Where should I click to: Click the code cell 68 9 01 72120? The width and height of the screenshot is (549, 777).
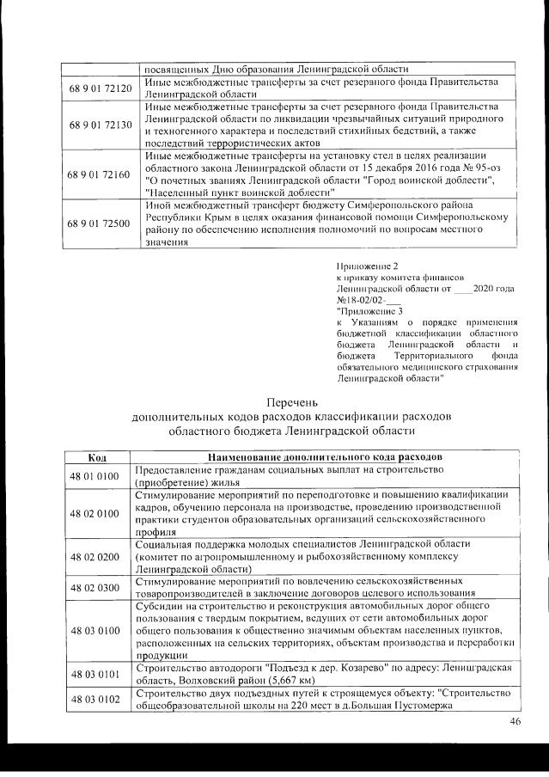pyautogui.click(x=99, y=89)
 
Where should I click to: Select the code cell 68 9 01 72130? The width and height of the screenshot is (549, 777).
pyautogui.click(x=99, y=125)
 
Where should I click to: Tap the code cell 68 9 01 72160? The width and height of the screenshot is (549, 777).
pyautogui.click(x=99, y=174)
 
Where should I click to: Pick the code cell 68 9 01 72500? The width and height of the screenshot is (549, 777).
pyautogui.click(x=99, y=223)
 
